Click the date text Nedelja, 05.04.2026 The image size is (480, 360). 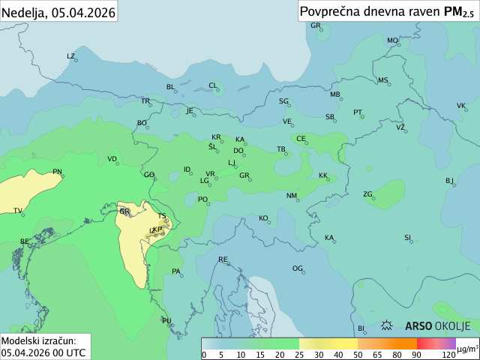point(58,11)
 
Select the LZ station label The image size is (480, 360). point(71,56)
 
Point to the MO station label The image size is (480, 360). point(392,40)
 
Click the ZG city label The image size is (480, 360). point(368,194)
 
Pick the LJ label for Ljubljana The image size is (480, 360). point(232,163)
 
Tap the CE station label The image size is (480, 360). point(301,139)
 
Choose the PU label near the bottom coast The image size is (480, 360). point(166,321)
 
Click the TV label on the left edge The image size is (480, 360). point(18,211)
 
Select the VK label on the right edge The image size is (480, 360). point(461,106)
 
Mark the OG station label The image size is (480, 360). point(298,268)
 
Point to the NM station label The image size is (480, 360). point(292,196)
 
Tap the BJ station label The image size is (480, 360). point(449,181)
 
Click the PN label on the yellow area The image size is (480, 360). point(57,172)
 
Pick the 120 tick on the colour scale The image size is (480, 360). point(448,354)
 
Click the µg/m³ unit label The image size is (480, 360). point(467,349)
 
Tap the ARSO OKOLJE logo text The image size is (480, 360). point(437,325)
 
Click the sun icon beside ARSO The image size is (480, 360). point(388,325)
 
